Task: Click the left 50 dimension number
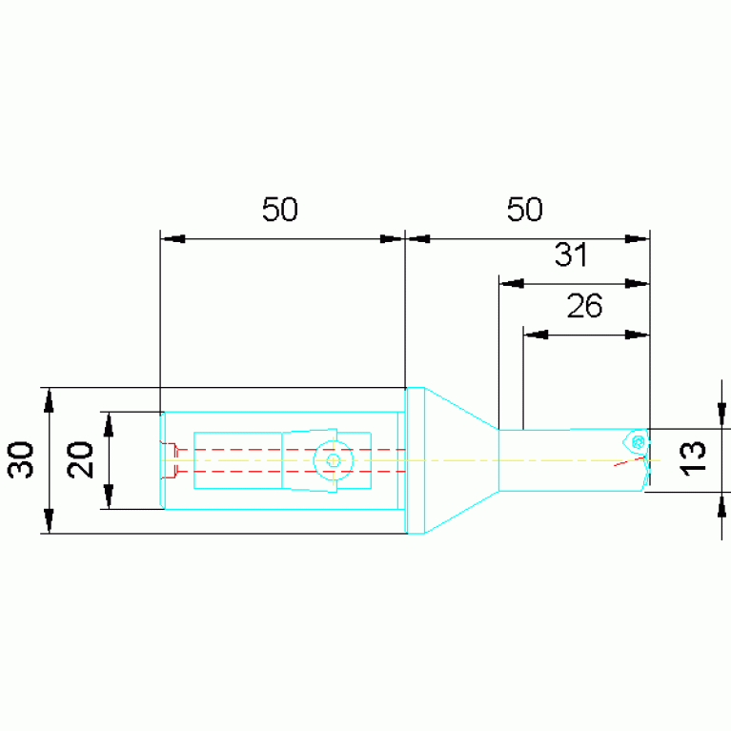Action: pyautogui.click(x=279, y=210)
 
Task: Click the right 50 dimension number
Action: pyautogui.click(x=524, y=210)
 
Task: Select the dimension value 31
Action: pyautogui.click(x=571, y=254)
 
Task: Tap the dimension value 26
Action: pyautogui.click(x=584, y=306)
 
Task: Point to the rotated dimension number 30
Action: pyautogui.click(x=21, y=460)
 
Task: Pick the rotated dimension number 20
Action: pyautogui.click(x=80, y=460)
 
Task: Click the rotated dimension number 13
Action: pyautogui.click(x=693, y=458)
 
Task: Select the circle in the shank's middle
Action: pyautogui.click(x=333, y=460)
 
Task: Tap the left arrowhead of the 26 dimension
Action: pyautogui.click(x=536, y=335)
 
